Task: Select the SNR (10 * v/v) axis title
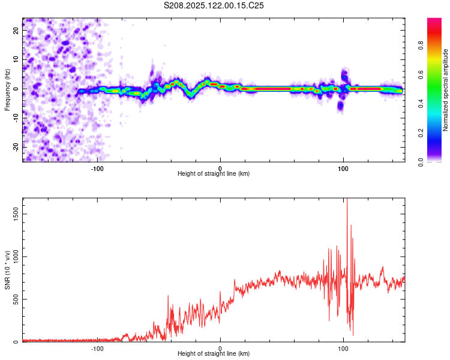click(x=7, y=270)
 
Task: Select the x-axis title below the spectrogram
click(x=214, y=174)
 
